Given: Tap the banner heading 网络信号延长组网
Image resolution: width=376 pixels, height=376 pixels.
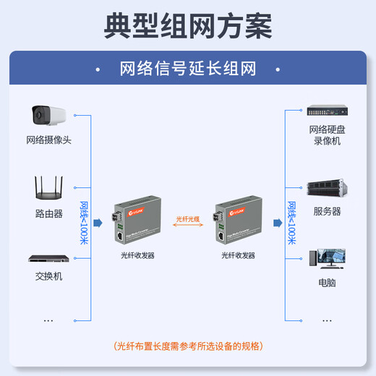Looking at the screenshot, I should point(188,69).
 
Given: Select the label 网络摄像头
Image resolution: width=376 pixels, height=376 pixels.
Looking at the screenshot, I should point(48,140).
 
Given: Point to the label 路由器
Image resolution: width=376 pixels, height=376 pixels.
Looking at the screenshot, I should point(48,214).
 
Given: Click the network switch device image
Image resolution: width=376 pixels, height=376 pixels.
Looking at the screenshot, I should point(48,257).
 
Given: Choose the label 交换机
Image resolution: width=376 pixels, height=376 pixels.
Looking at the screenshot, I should point(48,276).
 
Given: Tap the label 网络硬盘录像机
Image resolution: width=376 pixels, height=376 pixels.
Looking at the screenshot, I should point(325,135).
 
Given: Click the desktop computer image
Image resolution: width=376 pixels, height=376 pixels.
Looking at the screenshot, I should point(326,259).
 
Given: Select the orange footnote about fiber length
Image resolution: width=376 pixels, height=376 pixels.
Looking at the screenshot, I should point(188,346).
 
